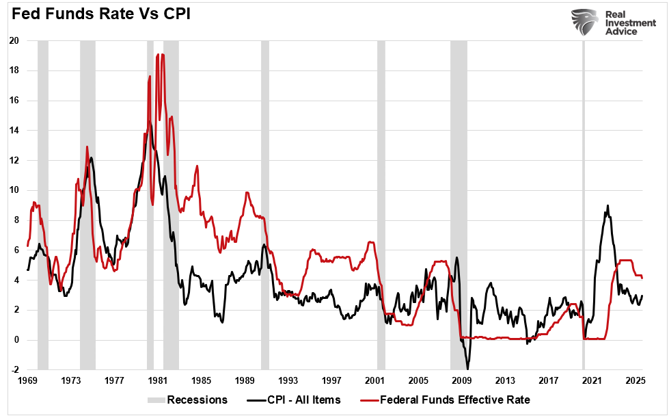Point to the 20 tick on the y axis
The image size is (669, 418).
[13, 41]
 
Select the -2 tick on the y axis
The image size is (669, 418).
[13, 370]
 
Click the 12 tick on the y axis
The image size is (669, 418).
[13, 161]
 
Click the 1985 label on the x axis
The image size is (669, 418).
[201, 380]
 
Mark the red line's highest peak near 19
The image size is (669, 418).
[162, 55]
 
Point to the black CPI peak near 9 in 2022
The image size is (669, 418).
[607, 205]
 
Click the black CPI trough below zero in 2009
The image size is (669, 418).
[467, 368]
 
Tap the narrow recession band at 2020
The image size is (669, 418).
[583, 205]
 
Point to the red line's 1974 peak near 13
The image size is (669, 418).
[87, 146]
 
